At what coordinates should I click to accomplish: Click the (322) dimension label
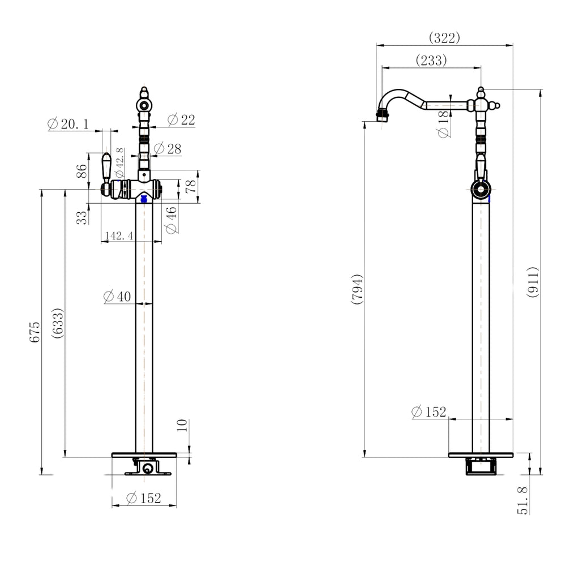point(444,38)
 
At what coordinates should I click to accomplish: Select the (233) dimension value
point(431,60)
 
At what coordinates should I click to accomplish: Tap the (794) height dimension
point(357,290)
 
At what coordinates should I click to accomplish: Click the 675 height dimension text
point(36,332)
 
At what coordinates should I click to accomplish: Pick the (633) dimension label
point(57,323)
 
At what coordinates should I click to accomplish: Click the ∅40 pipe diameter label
point(118,296)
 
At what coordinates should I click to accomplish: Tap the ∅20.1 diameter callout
point(68,123)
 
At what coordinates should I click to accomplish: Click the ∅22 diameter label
point(181,119)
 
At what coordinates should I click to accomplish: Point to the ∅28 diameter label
point(167,149)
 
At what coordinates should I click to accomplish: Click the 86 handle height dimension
point(82,170)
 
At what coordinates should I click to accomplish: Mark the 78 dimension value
point(192,186)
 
